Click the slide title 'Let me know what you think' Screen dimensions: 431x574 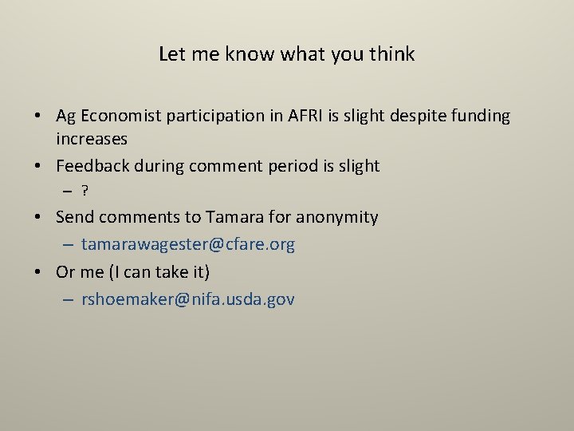(286, 54)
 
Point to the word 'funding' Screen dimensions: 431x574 (480, 117)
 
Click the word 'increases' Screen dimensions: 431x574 (92, 140)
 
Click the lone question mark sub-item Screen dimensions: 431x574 (85, 192)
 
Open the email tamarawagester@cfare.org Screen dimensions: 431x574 (188, 244)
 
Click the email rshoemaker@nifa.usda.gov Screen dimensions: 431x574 (188, 299)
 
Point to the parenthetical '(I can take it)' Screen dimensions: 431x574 (159, 272)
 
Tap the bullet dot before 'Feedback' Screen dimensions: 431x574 (38, 167)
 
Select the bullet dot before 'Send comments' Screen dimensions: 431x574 (38, 218)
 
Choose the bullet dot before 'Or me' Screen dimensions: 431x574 (38, 273)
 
